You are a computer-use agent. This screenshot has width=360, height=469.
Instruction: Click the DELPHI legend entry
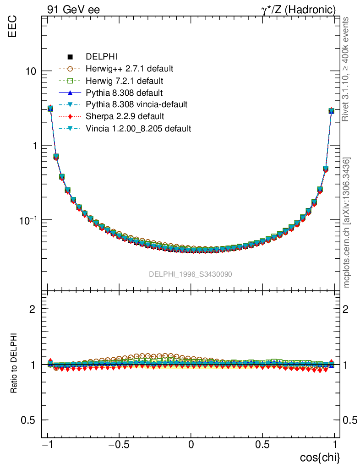pos(102,57)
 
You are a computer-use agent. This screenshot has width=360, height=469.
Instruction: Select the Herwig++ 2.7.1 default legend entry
pos(129,69)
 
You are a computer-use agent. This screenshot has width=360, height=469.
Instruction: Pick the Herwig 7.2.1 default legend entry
pos(125,81)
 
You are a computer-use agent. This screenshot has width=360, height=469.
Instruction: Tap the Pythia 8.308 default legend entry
pos(124,93)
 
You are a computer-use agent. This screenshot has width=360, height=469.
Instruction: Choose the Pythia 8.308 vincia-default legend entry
pos(136,105)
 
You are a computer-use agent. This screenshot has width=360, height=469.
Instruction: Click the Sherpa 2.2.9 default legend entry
pos(125,117)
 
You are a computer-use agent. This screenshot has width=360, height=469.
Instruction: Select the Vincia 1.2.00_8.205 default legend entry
pos(138,129)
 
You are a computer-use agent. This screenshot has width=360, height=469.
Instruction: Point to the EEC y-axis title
pos(12,27)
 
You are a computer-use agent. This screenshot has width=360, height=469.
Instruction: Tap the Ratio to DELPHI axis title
pos(14,363)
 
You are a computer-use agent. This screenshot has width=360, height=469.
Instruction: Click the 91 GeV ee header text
pos(73,9)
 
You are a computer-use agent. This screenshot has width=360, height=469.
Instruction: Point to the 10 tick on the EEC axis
pos(31,71)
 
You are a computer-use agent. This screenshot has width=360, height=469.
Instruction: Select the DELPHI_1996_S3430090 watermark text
pos(191,274)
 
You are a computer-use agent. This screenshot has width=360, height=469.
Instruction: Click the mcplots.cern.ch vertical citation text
pos(347,223)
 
